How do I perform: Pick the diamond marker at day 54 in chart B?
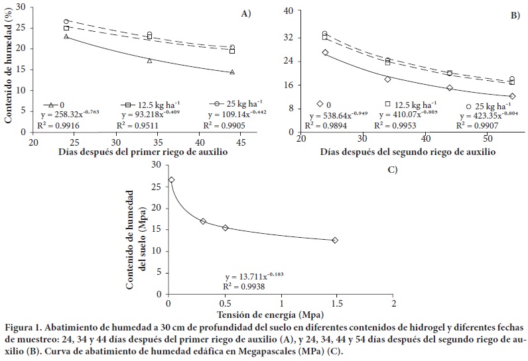(511, 96)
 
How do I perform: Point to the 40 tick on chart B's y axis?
(293, 11)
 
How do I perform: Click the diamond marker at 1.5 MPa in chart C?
(335, 240)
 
